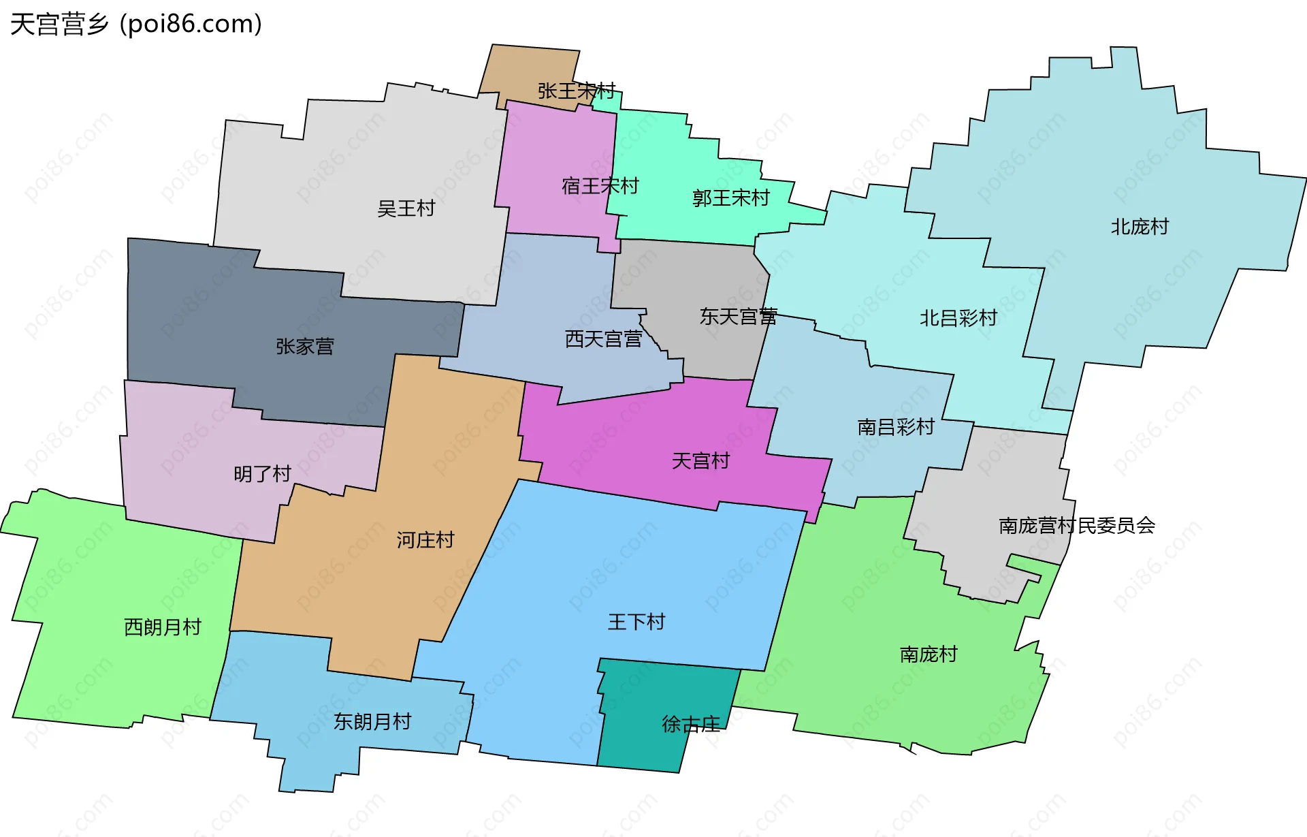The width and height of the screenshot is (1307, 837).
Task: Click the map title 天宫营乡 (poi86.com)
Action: (136, 24)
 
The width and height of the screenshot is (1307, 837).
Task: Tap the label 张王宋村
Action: (576, 91)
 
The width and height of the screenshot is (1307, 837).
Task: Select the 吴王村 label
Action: (406, 208)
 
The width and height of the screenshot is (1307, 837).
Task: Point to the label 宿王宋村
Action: (600, 186)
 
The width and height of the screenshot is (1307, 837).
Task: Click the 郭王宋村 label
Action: (730, 198)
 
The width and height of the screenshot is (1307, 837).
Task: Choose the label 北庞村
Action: (1139, 227)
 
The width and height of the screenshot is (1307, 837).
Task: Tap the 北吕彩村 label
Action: (958, 318)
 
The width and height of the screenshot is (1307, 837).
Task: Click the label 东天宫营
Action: (738, 317)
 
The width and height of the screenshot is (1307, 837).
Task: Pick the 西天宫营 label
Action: (603, 339)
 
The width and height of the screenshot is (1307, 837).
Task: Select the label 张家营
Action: (304, 347)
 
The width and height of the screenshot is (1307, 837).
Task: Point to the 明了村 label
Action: (262, 474)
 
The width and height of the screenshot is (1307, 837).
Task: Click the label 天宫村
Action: (700, 461)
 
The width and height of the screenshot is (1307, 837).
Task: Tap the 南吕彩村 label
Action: (895, 427)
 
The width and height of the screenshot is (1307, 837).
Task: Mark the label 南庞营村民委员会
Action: (1076, 526)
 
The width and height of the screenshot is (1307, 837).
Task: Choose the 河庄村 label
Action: (425, 540)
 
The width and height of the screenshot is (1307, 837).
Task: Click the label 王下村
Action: (636, 622)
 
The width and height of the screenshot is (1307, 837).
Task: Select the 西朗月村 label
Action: (163, 627)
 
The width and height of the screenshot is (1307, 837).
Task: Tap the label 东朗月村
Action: (372, 722)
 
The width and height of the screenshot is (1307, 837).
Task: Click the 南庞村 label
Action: (928, 654)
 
